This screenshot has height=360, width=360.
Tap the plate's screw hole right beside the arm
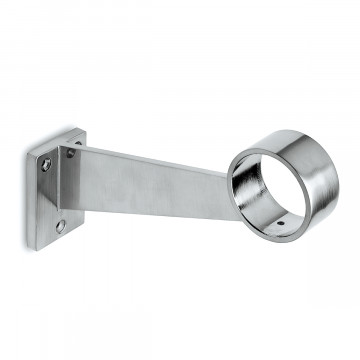coord(70,153)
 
